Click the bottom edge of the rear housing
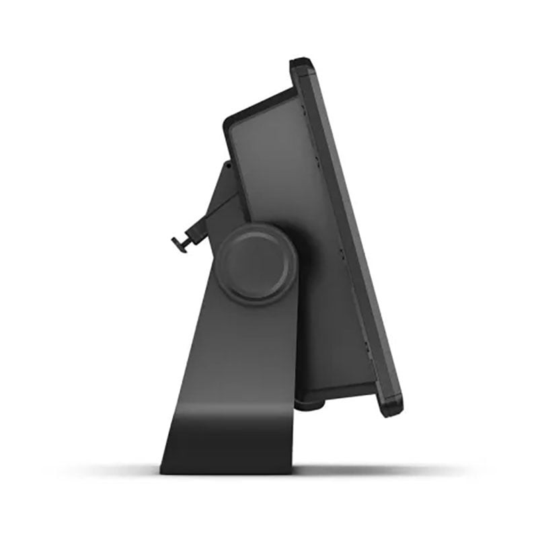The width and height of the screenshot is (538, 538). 336,393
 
